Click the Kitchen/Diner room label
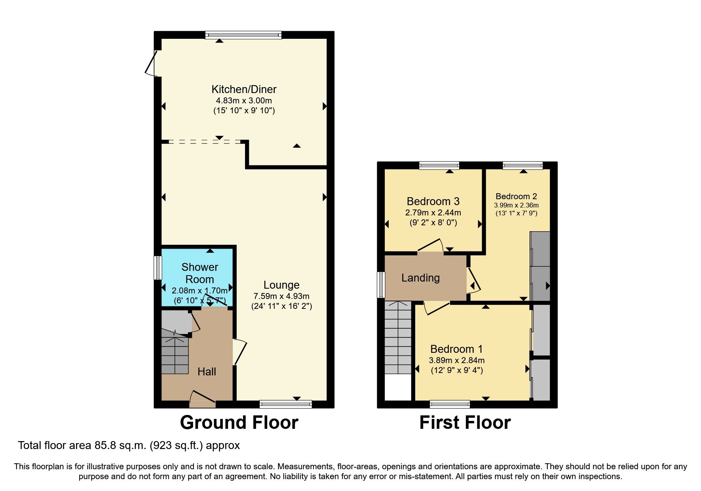click(244, 89)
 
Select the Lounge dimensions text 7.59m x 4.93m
click(281, 296)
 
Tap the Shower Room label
click(199, 273)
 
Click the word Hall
click(207, 371)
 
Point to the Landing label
click(420, 278)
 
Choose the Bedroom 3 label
click(433, 202)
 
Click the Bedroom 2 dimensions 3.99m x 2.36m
click(516, 205)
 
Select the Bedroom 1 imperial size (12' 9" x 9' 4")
click(457, 371)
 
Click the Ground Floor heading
click(239, 422)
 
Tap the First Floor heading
click(465, 422)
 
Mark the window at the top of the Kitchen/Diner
click(243, 35)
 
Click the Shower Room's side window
click(158, 268)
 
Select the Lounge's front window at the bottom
click(285, 404)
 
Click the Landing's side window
click(381, 284)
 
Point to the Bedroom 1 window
click(450, 404)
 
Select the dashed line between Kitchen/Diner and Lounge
click(204, 141)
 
